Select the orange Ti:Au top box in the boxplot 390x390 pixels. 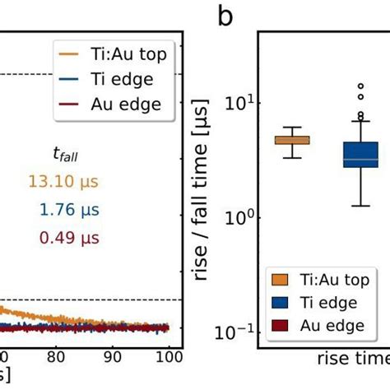point(292,140)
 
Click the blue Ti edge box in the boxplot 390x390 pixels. point(360,154)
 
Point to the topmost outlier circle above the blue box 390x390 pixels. point(360,86)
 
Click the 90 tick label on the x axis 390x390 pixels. point(113,357)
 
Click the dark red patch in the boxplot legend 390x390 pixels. point(280,326)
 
